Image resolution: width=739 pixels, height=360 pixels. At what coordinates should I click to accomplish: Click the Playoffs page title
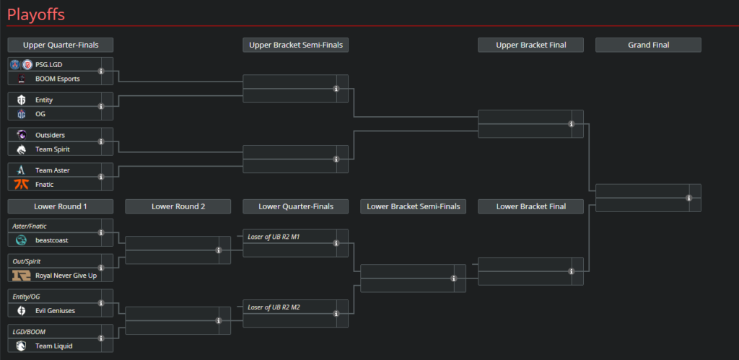click(x=37, y=13)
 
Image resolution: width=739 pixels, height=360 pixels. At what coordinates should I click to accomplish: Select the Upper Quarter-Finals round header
click(x=61, y=45)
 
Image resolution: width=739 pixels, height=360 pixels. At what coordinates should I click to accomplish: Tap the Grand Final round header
click(x=648, y=45)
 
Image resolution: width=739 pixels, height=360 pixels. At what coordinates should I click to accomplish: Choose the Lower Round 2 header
click(x=178, y=206)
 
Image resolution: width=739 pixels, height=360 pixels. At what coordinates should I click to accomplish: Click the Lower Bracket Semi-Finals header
click(x=413, y=206)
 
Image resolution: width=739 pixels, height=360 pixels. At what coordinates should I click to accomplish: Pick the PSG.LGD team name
click(x=49, y=64)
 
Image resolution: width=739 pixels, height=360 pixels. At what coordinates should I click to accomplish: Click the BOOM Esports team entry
click(x=57, y=79)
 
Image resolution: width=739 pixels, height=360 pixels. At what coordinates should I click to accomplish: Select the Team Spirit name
click(x=53, y=149)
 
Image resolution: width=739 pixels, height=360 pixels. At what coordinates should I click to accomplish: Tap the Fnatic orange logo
click(x=22, y=185)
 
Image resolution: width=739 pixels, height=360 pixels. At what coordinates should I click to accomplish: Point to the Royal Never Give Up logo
click(x=22, y=275)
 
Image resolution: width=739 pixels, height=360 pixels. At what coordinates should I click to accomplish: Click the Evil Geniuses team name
click(x=55, y=310)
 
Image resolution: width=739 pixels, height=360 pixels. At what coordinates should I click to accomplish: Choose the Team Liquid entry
click(x=53, y=346)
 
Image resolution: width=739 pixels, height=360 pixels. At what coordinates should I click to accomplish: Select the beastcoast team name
click(x=52, y=240)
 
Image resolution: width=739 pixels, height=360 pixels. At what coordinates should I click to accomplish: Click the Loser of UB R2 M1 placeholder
click(x=274, y=236)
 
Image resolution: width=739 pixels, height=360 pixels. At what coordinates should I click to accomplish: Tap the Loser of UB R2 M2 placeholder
click(x=274, y=307)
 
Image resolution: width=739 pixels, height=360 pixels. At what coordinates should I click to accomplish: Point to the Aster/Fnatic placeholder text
click(x=30, y=226)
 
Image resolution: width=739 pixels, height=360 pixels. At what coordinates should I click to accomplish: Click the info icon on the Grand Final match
click(x=689, y=198)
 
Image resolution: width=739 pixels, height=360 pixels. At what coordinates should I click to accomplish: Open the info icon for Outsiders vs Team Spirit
click(x=101, y=142)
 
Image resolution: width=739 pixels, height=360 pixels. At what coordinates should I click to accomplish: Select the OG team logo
click(x=22, y=114)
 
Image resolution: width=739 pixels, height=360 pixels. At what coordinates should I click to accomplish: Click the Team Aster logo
click(x=22, y=170)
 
